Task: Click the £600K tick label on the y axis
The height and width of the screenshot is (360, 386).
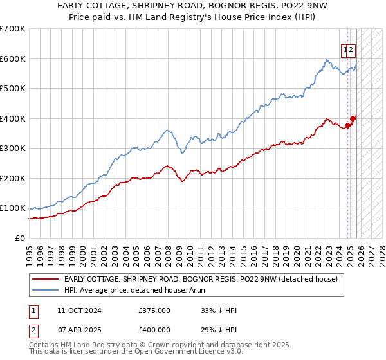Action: click(12, 59)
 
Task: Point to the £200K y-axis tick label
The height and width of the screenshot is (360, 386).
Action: click(12, 178)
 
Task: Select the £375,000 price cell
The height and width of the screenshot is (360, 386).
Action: click(154, 310)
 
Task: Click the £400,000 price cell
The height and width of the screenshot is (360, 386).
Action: click(154, 330)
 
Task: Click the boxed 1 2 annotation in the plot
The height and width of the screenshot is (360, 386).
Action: click(348, 49)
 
